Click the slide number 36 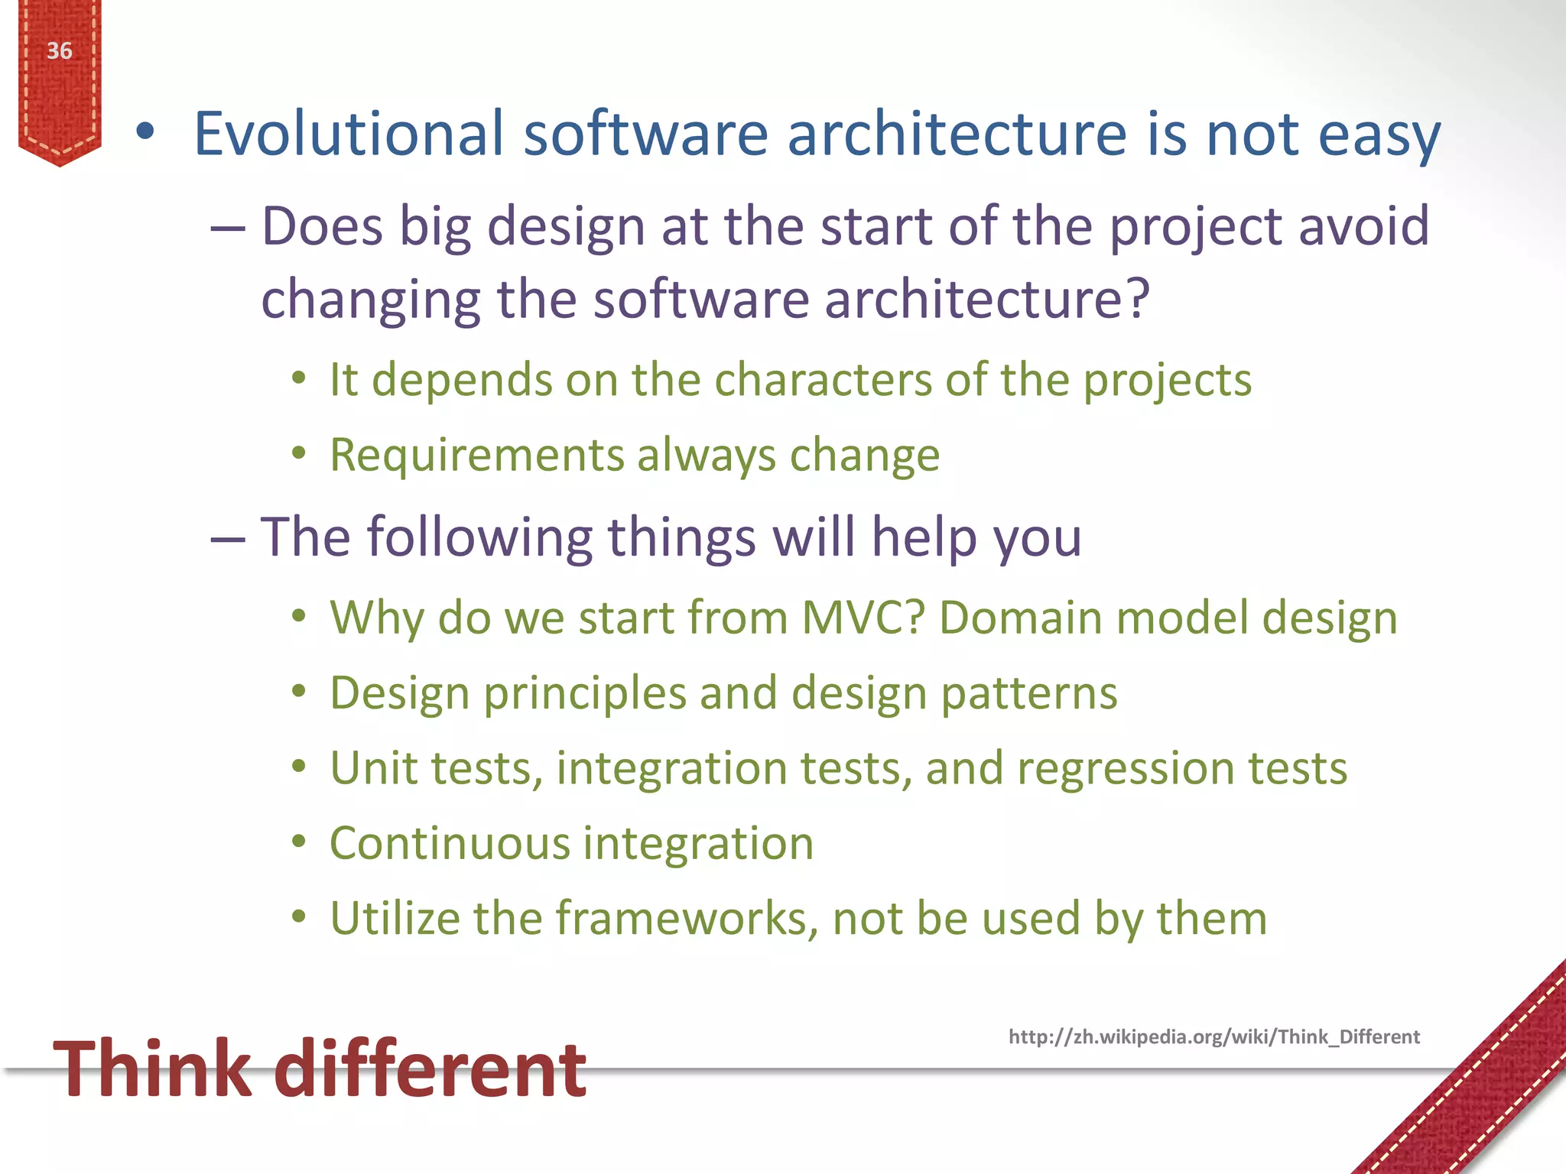point(59,51)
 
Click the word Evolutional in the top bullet point(349,135)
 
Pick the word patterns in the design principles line point(1028,693)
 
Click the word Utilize point(395,918)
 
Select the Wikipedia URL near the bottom point(1213,1037)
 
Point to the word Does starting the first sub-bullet point(322,228)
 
